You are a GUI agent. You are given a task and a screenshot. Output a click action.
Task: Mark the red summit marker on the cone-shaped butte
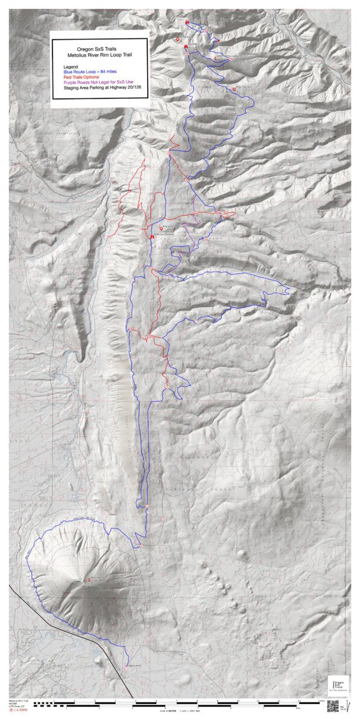tap(89, 580)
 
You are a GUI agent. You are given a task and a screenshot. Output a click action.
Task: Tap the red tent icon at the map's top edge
tap(188, 23)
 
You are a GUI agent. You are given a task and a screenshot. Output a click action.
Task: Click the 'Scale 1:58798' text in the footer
tap(168, 710)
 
